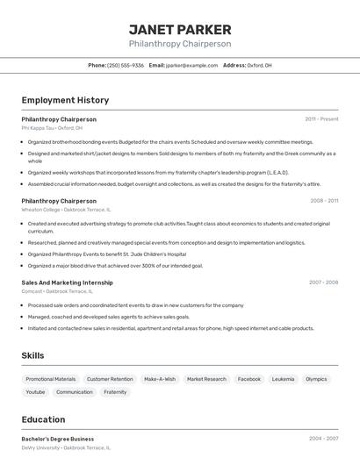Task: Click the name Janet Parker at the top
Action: (x=180, y=29)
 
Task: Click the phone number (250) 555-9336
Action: (x=126, y=65)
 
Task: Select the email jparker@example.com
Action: (x=191, y=65)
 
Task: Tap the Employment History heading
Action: (x=65, y=100)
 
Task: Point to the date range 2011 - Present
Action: (x=321, y=118)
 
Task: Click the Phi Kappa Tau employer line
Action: (x=52, y=127)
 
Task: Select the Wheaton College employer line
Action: (x=66, y=209)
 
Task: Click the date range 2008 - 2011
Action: (x=324, y=200)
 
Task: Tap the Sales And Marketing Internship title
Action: (x=67, y=283)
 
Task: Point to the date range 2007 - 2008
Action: (x=323, y=283)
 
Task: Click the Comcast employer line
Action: (x=57, y=290)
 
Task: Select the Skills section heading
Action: (x=33, y=354)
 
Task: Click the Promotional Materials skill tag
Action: (x=51, y=379)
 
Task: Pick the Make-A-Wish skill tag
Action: (x=159, y=379)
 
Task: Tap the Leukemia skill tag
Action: (x=283, y=379)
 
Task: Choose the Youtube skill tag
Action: (x=36, y=392)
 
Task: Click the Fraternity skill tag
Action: (x=115, y=392)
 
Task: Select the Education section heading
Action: (x=43, y=419)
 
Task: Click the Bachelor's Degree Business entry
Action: (x=58, y=439)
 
